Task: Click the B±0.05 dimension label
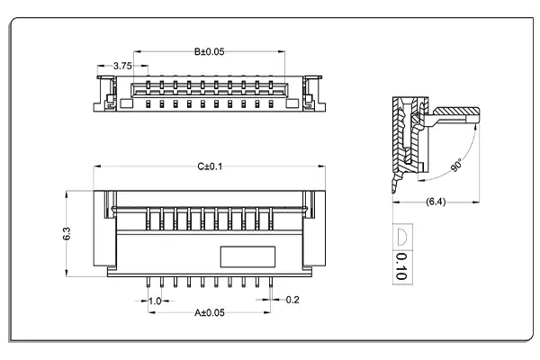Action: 209,52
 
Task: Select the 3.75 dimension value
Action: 124,65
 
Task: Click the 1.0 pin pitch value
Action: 154,301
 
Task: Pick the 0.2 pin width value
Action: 292,301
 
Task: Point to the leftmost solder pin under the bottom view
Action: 148,283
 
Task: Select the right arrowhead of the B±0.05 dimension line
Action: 285,52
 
